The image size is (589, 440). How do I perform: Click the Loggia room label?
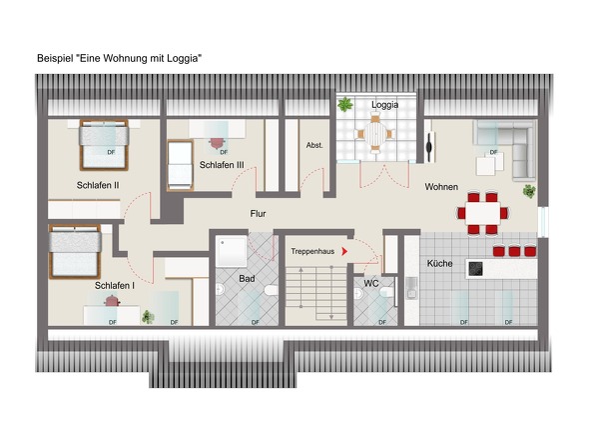click(x=384, y=105)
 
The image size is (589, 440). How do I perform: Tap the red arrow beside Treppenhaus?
click(x=344, y=251)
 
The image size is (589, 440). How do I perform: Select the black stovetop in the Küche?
click(x=475, y=269)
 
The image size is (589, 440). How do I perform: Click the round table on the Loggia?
click(x=375, y=134)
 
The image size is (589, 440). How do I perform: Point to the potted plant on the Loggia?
click(x=344, y=104)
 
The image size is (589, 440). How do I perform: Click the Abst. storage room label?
click(x=314, y=145)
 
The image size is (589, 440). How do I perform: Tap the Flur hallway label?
click(x=259, y=213)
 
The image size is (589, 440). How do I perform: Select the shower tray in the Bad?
click(x=231, y=251)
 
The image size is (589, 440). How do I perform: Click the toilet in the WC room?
click(x=386, y=292)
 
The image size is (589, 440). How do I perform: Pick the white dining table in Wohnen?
click(x=483, y=213)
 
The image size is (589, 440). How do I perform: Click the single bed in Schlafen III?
click(x=180, y=165)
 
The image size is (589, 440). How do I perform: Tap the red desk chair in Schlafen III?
click(x=217, y=143)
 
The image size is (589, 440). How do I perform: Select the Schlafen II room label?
click(x=98, y=185)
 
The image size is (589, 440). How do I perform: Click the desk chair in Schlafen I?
click(x=112, y=300)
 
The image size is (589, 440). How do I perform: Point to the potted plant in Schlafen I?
click(x=148, y=317)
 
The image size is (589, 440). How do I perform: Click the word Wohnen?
click(x=441, y=187)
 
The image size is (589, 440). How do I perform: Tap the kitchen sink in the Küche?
click(x=412, y=288)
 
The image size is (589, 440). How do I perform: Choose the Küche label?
click(x=439, y=263)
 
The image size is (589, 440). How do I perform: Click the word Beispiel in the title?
click(x=55, y=58)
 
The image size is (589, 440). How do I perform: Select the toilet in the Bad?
click(x=272, y=290)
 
